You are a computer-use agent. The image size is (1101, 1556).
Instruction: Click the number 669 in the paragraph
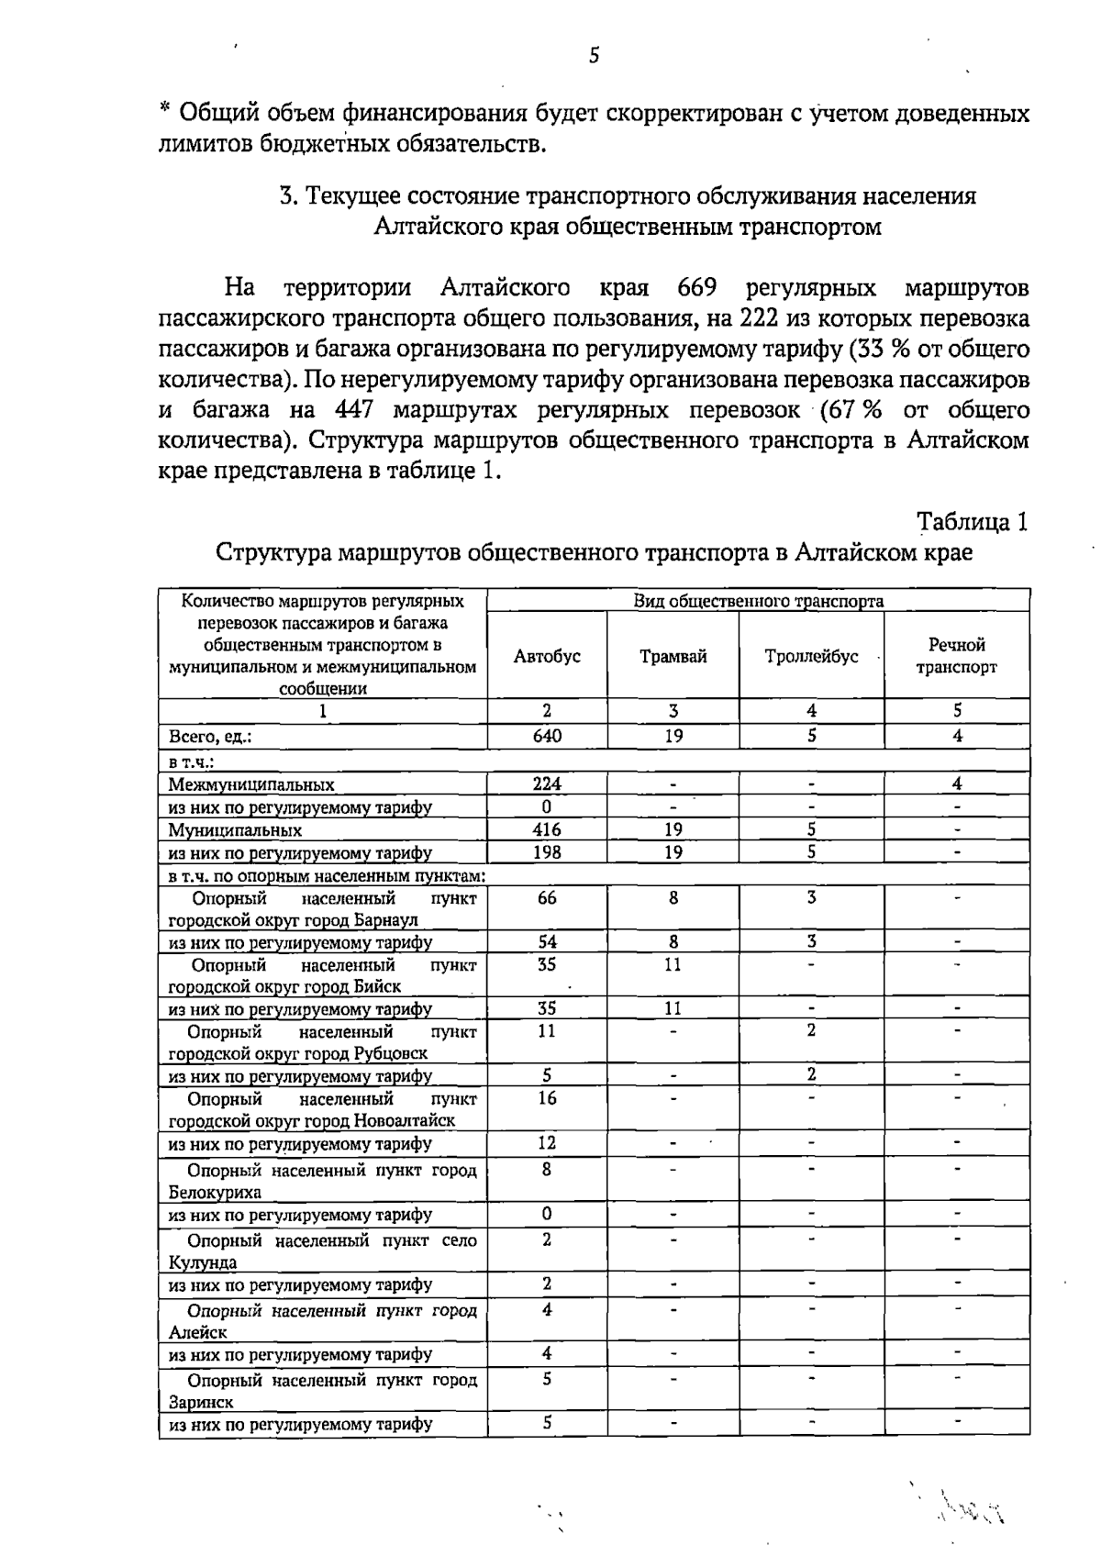coord(696,288)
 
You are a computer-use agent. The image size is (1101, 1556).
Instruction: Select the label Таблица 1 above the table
coord(973,522)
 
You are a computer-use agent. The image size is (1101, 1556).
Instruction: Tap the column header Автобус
coord(547,657)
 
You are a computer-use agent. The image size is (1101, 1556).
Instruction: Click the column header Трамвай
coord(673,657)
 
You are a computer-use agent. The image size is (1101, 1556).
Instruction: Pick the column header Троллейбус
coord(811,657)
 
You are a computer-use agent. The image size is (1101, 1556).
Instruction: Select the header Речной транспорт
coord(957,657)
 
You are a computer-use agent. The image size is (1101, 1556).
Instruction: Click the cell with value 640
coord(547,736)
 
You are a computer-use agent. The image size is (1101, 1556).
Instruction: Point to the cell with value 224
coord(547,784)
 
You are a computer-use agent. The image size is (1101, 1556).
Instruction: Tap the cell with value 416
coord(547,829)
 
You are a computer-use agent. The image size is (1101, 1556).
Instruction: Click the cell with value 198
coord(547,852)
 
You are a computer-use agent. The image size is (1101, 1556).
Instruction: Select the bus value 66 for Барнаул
coord(547,898)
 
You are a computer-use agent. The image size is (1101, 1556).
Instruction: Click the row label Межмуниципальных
coord(251,785)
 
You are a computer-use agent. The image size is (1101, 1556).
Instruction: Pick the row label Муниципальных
coord(235,830)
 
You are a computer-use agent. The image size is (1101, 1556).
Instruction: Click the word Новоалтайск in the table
coord(405,1121)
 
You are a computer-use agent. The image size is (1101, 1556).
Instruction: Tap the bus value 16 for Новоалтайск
coord(547,1099)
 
